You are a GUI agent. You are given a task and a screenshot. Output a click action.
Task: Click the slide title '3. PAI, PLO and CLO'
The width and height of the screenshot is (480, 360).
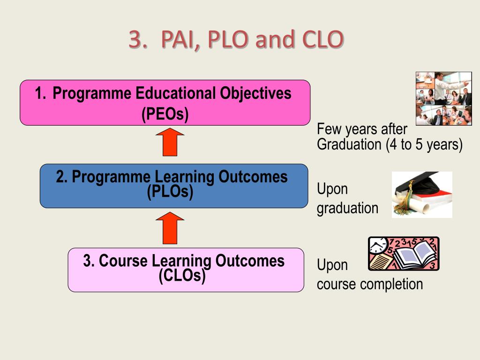pyautogui.click(x=236, y=40)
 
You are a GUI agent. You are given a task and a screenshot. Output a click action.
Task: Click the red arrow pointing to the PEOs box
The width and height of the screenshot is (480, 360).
pyautogui.click(x=170, y=142)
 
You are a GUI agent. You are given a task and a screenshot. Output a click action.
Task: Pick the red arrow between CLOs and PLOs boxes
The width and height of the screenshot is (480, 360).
pyautogui.click(x=170, y=228)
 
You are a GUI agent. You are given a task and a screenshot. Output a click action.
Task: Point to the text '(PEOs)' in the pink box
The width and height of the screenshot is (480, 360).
pyautogui.click(x=165, y=114)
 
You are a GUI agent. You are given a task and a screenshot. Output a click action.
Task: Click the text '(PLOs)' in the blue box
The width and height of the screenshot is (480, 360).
pyautogui.click(x=170, y=192)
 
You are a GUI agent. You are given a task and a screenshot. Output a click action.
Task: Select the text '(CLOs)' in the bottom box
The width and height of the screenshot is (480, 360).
pyautogui.click(x=182, y=276)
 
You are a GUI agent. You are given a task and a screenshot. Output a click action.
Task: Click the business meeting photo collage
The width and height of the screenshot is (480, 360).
pyautogui.click(x=443, y=98)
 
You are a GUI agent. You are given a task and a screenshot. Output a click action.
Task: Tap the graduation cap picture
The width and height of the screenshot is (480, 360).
pyautogui.click(x=422, y=195)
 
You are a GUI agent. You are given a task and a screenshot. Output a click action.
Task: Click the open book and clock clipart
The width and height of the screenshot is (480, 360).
pyautogui.click(x=404, y=254)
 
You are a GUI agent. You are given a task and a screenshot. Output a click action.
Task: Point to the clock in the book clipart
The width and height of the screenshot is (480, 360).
pyautogui.click(x=378, y=245)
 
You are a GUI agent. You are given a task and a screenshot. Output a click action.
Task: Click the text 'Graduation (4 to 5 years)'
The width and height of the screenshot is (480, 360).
pyautogui.click(x=390, y=144)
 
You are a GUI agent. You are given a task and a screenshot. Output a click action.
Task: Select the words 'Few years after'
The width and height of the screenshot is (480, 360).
pyautogui.click(x=362, y=129)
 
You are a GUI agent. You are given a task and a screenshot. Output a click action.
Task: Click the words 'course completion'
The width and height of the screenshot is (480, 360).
pyautogui.click(x=370, y=284)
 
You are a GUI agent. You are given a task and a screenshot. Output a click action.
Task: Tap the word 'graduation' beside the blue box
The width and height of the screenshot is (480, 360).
pyautogui.click(x=347, y=208)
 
